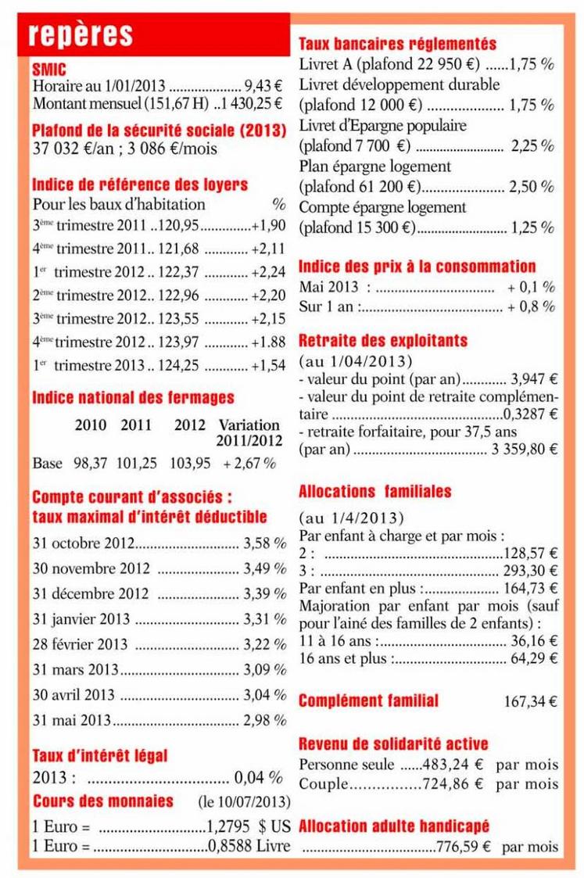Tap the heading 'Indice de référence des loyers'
click(140, 185)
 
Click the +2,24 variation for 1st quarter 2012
click(268, 272)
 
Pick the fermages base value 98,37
click(91, 463)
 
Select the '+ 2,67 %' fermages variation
click(249, 463)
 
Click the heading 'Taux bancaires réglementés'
click(397, 45)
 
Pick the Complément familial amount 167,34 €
click(529, 701)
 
